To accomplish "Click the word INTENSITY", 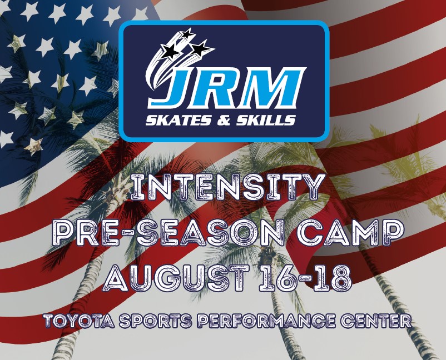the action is pos(227,188).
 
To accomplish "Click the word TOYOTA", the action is pos(80,321).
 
